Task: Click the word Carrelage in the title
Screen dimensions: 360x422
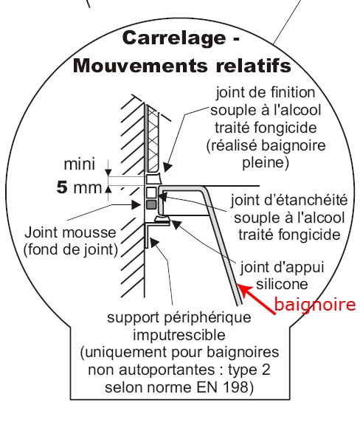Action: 174,38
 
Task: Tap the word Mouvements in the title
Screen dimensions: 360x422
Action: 140,66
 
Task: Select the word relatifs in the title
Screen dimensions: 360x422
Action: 254,66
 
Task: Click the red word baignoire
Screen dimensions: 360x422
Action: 315,305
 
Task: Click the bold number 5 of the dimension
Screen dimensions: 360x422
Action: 62,187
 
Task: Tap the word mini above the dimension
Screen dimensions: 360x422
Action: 80,165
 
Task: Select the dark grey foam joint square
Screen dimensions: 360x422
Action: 151,204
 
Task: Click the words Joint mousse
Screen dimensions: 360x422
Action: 70,232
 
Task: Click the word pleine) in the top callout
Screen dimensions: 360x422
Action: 266,163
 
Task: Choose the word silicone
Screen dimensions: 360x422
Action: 282,284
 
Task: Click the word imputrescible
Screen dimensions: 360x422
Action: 179,336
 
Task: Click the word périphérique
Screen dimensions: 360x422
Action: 207,318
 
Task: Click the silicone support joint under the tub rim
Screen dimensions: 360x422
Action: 162,220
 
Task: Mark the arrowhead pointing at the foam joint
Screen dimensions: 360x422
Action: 136,205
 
